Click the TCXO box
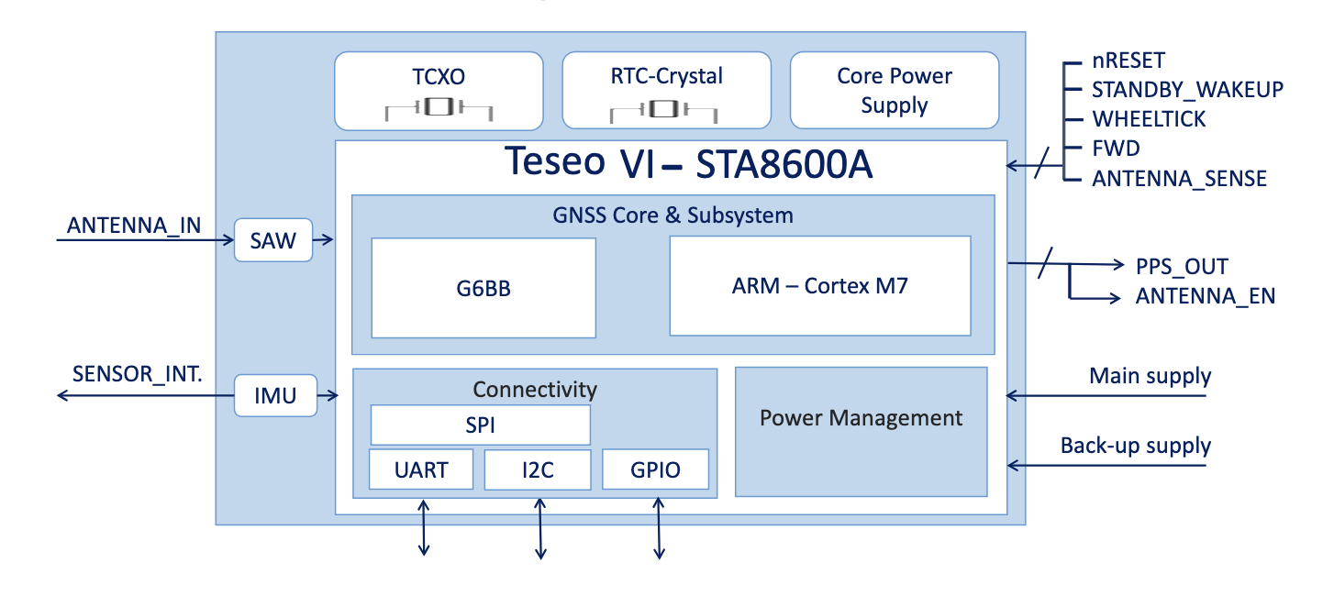coord(439,90)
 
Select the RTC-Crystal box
coord(666,90)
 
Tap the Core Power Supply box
coord(894,90)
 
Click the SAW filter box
coord(273,240)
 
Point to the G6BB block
coord(484,288)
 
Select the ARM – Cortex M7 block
coord(819,285)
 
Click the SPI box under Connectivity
coord(480,425)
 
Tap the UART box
coord(421,469)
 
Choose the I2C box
coord(537,469)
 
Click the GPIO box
coord(656,469)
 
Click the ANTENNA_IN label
coord(134,226)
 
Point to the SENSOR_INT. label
coord(138,375)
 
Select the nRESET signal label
coord(1128,61)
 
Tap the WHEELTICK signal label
coord(1149,120)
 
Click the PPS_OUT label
coord(1182,267)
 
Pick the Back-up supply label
coord(1135,447)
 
